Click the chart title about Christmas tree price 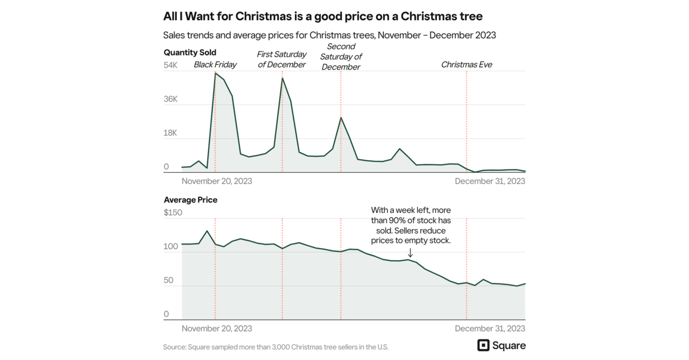tap(323, 16)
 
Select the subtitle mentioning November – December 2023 tap(330, 35)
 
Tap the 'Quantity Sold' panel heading tap(190, 52)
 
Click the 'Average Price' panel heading tap(191, 200)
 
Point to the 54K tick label tap(171, 65)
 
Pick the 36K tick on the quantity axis tap(171, 99)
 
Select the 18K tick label tap(171, 133)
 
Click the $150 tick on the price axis tap(173, 213)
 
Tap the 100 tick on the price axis tap(171, 247)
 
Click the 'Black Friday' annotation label tap(215, 65)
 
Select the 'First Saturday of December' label tap(281, 60)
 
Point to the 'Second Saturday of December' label tap(341, 57)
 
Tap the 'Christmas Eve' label tap(466, 65)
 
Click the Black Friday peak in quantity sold tap(215, 73)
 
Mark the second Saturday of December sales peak tap(341, 118)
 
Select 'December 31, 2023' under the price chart tap(490, 328)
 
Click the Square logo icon tap(483, 345)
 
